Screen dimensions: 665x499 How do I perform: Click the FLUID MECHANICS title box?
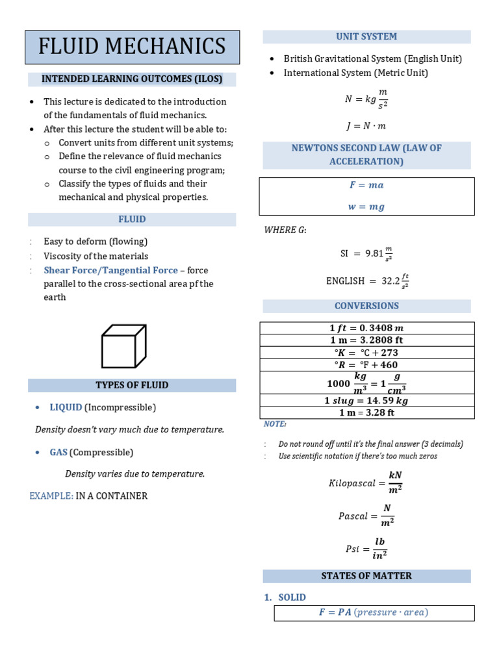coord(132,47)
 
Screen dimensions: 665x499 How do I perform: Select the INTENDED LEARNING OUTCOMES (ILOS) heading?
coord(132,79)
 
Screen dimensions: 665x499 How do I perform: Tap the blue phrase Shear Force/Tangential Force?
coord(110,270)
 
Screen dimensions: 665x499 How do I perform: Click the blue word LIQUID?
coord(66,407)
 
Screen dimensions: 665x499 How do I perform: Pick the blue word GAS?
coord(58,452)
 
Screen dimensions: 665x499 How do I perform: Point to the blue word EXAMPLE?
coord(51,496)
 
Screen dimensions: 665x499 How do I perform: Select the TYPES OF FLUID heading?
coord(132,385)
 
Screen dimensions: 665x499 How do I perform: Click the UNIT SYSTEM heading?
coord(366,36)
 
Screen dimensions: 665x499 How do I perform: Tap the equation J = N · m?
coord(366,126)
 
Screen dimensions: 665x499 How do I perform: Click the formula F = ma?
coord(366,185)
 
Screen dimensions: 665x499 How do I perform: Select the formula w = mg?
coord(366,207)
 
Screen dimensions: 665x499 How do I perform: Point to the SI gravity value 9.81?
coord(374,253)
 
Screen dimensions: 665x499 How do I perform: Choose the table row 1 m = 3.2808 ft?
coord(366,340)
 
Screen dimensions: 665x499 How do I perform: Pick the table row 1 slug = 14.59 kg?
coord(366,401)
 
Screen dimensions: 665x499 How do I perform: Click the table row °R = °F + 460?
coord(366,365)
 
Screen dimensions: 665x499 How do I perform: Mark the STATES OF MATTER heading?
coord(366,576)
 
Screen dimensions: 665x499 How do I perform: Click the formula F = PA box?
coord(374,612)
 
